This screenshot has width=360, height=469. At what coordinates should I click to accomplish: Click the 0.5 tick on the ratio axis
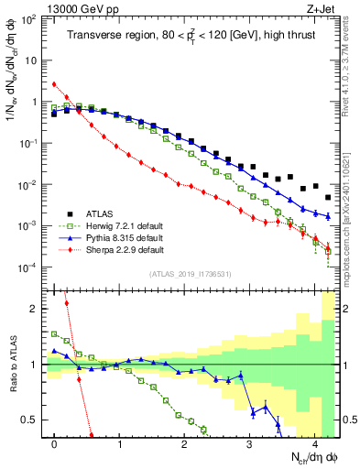click(x=33, y=420)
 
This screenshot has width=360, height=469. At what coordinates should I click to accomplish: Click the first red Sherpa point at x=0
click(x=54, y=84)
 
